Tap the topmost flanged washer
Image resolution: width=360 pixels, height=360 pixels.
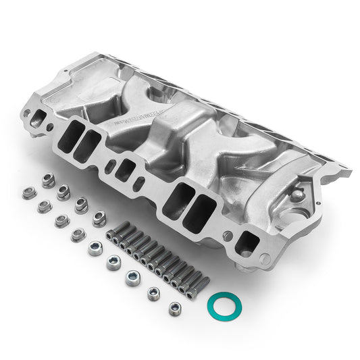click(48, 180)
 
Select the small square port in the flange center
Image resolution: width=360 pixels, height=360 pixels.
click(124, 170)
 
